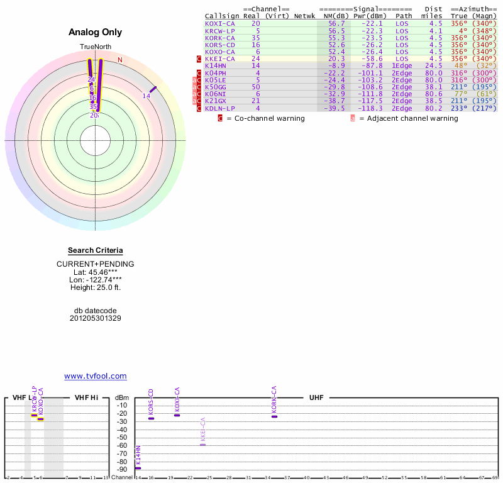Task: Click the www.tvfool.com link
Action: click(x=96, y=376)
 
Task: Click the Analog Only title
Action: click(x=96, y=33)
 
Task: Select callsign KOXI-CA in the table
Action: click(x=220, y=23)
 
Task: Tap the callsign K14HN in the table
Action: click(x=216, y=65)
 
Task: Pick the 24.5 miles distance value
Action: click(x=433, y=65)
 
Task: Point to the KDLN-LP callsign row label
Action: click(x=220, y=108)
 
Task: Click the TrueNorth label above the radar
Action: click(x=96, y=47)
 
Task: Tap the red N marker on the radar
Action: click(x=120, y=60)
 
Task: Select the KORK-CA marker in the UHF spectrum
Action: click(x=274, y=416)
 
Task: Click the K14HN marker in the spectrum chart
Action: click(x=138, y=468)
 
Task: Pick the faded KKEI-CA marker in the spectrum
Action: click(x=202, y=445)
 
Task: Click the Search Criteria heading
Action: click(x=96, y=251)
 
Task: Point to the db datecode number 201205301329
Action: click(x=96, y=318)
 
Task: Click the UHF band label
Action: click(x=316, y=398)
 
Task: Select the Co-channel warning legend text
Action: click(x=265, y=118)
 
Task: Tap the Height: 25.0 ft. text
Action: click(x=96, y=287)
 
